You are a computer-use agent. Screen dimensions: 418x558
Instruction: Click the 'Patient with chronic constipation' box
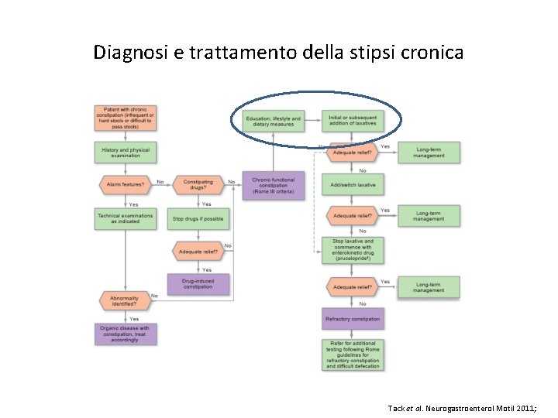click(x=125, y=118)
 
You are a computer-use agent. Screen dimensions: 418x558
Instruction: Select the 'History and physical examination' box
click(x=125, y=152)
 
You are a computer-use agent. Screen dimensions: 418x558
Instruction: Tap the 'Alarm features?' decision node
click(x=125, y=185)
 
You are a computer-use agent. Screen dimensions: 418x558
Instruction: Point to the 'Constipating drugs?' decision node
click(x=198, y=185)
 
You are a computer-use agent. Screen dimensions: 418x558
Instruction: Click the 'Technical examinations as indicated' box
click(x=125, y=218)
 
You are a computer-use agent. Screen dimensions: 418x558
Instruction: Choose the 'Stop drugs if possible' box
click(x=198, y=218)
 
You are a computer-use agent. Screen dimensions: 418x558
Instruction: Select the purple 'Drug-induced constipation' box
click(x=198, y=283)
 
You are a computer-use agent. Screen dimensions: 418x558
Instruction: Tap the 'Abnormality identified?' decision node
click(x=125, y=300)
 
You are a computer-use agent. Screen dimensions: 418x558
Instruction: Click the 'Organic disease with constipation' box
click(x=125, y=334)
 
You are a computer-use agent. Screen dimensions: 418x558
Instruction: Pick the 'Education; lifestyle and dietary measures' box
click(x=274, y=121)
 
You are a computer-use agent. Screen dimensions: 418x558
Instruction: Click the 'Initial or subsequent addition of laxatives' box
click(x=353, y=121)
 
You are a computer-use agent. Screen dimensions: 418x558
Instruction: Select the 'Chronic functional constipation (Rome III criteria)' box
click(x=274, y=186)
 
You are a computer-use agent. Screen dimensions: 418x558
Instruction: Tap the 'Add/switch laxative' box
click(x=353, y=185)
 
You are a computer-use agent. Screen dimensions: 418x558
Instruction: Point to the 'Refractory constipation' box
click(x=353, y=318)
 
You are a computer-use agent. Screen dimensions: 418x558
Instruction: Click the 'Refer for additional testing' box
click(x=353, y=354)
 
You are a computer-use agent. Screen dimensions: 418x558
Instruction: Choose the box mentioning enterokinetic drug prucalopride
click(x=353, y=250)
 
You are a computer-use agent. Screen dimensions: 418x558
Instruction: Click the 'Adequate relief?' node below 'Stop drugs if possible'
click(x=198, y=252)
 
